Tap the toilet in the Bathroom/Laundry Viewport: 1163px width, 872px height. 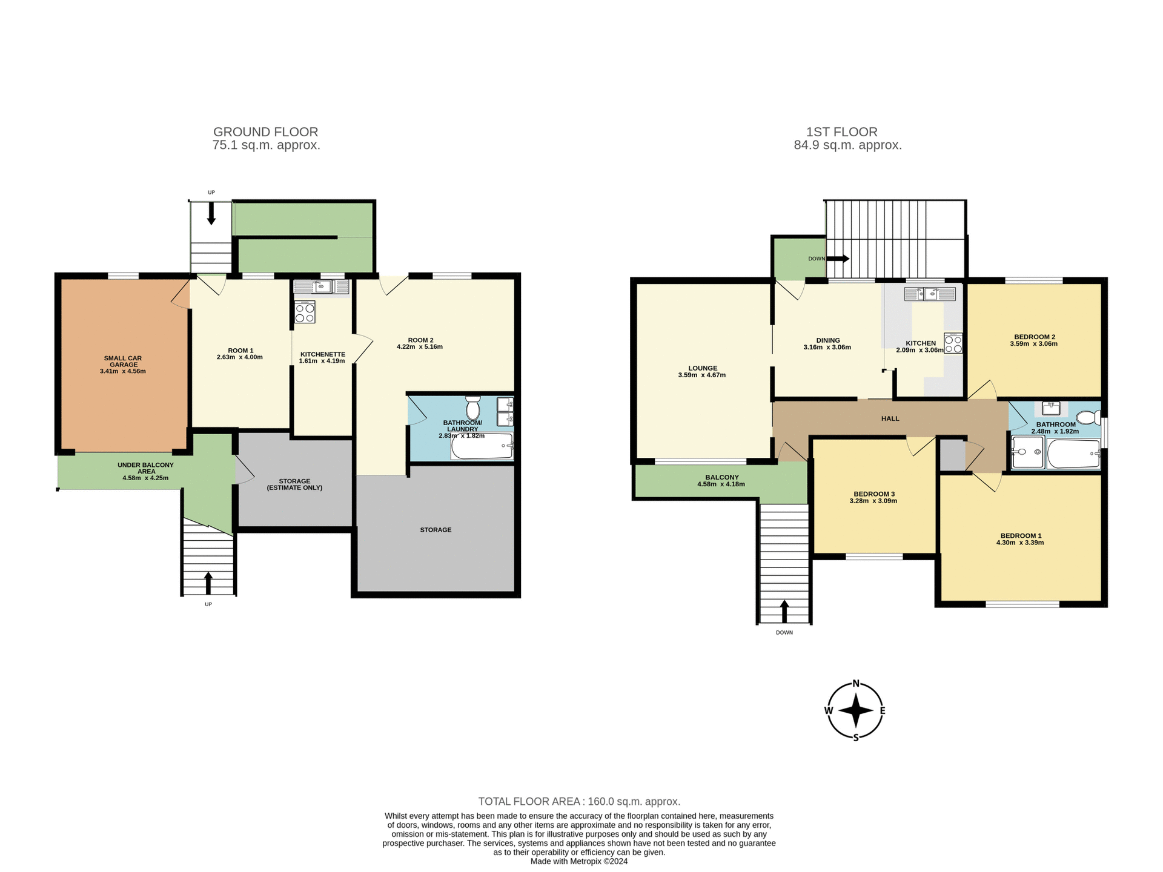[x=472, y=408]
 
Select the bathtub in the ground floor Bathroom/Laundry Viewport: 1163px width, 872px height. [x=482, y=446]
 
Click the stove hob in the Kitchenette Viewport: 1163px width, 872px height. [x=305, y=312]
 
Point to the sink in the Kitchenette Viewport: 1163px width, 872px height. [x=322, y=287]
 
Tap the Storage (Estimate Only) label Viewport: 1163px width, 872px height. [x=294, y=484]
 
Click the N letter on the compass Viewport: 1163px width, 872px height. [x=856, y=684]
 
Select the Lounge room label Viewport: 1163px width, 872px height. [x=702, y=368]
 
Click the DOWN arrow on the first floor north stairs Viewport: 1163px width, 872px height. [x=838, y=259]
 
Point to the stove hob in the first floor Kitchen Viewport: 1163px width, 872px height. [x=953, y=343]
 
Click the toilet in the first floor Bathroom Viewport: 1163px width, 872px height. [x=1088, y=417]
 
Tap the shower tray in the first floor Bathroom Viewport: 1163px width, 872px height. [x=1027, y=452]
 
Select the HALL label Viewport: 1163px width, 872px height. [x=890, y=418]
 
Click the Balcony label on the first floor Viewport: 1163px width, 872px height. [x=721, y=477]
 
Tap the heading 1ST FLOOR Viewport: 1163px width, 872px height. [x=841, y=132]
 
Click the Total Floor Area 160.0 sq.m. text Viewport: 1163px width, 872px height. [x=579, y=801]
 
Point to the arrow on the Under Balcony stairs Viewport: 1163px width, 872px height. [x=208, y=583]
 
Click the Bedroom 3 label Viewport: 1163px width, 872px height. [x=873, y=494]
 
